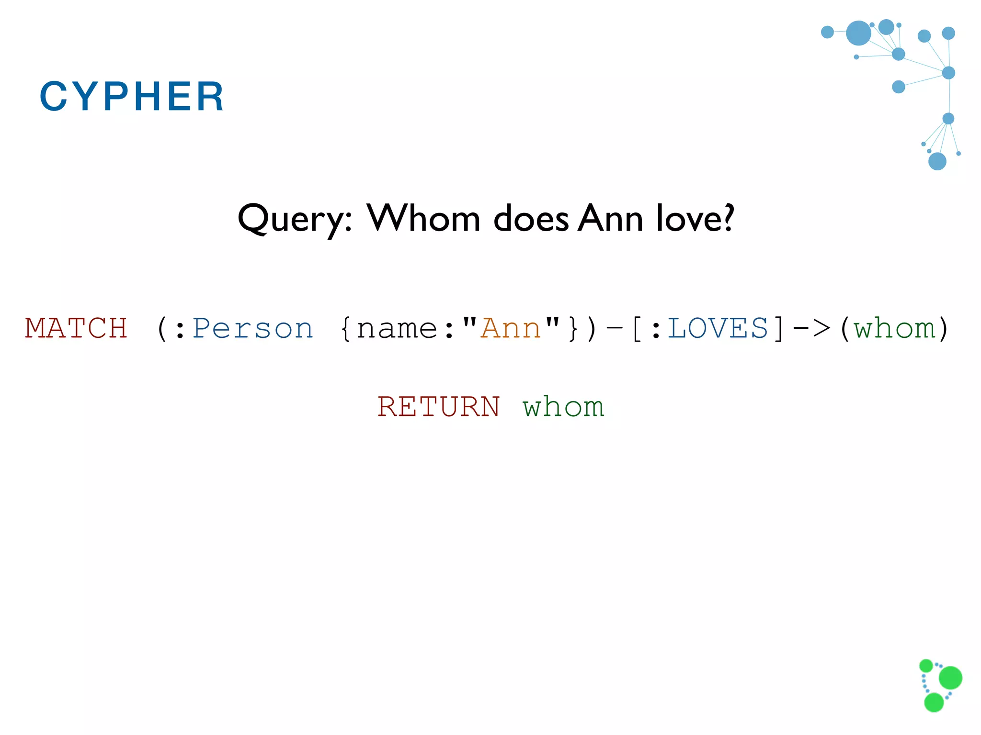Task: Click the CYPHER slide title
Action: point(131,96)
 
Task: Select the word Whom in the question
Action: point(423,218)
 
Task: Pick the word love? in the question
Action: point(695,218)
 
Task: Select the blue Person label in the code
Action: point(252,329)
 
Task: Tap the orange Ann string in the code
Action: point(511,329)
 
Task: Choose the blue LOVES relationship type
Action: point(718,329)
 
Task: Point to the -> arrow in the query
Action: point(811,329)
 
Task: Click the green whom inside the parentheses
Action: point(894,329)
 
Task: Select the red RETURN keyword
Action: point(438,407)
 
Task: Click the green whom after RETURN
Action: point(563,407)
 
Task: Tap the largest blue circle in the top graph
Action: point(858,33)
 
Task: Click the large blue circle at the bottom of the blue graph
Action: point(937,161)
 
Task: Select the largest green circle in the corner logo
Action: point(950,678)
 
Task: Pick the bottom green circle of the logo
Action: point(934,702)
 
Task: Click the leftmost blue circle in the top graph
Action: point(827,32)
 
